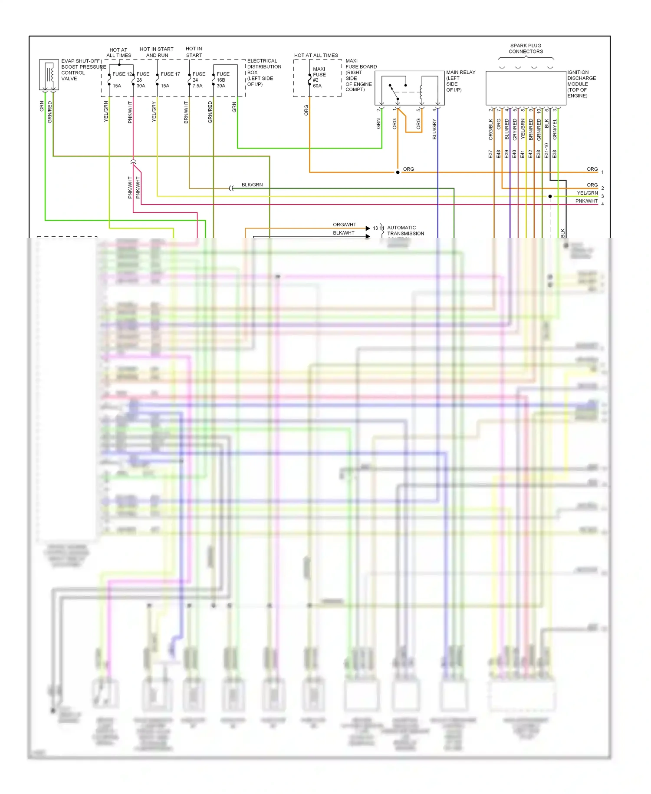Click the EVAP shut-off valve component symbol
49,75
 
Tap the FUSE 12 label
122,74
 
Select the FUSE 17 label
170,74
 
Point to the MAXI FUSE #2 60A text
319,77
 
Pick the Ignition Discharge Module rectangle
526,88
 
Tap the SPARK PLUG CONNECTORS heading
526,49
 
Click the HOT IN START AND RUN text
157,52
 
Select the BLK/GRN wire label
252,185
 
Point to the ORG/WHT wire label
344,225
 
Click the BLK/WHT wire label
344,233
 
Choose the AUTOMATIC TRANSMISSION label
405,231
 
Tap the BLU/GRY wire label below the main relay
434,129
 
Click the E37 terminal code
490,154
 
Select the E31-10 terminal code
546,150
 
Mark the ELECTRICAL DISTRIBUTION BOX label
264,73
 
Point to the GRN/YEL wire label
555,129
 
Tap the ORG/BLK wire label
491,129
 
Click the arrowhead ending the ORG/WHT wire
368,228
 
